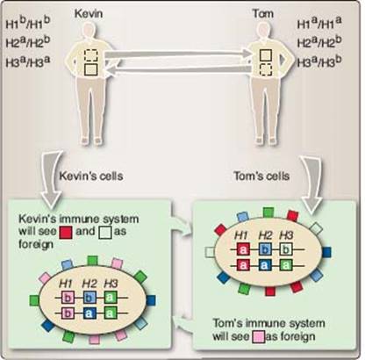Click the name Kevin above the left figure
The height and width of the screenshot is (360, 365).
click(x=89, y=13)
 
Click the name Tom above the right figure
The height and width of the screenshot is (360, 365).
click(x=263, y=13)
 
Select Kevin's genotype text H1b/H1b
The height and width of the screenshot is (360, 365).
click(x=28, y=23)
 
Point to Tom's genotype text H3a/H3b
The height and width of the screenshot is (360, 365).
click(x=319, y=61)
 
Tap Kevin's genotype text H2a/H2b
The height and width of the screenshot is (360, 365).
click(x=28, y=42)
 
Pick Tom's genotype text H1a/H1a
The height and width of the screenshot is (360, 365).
click(x=319, y=23)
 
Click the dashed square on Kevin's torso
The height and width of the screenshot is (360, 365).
click(x=91, y=54)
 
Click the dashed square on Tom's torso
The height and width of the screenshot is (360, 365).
click(x=266, y=70)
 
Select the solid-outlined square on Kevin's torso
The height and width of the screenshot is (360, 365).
click(x=91, y=69)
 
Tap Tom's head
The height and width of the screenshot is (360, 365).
click(x=264, y=31)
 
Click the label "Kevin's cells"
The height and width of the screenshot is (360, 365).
click(x=91, y=176)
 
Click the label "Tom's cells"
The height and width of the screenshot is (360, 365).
click(x=261, y=176)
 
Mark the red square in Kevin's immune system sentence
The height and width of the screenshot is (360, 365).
click(x=66, y=233)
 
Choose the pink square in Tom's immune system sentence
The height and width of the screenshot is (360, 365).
click(x=259, y=336)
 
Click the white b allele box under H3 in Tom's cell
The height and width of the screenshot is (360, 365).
click(x=286, y=249)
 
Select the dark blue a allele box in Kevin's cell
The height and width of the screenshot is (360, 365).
click(x=89, y=313)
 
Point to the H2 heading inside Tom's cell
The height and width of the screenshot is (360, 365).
click(x=266, y=235)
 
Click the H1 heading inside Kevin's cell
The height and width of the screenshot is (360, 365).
click(x=66, y=284)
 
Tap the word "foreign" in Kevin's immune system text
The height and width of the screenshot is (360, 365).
click(x=36, y=244)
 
